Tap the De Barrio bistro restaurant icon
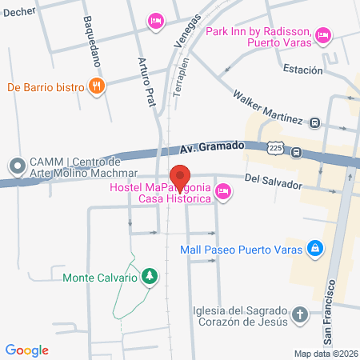point(97,86)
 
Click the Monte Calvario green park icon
point(149,277)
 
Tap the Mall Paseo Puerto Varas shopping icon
point(316,247)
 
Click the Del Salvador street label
point(273,183)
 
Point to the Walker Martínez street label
point(267,108)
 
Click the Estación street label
point(302,69)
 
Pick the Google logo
point(27,350)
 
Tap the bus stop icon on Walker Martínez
point(315,123)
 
